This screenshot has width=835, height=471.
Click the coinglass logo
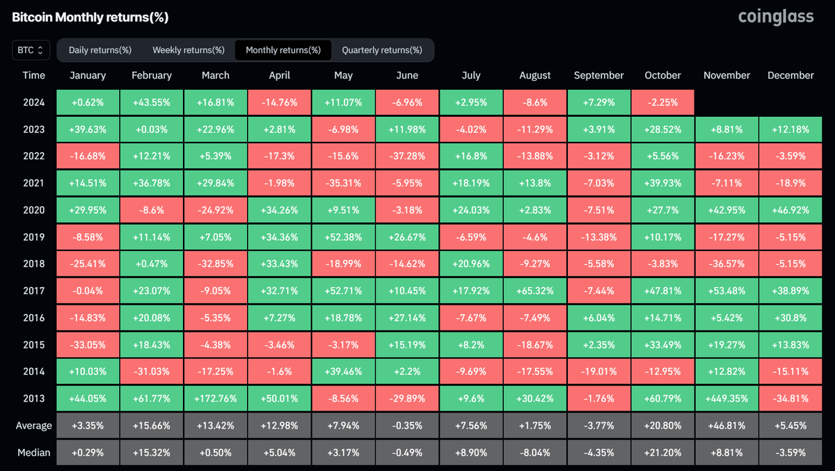pos(775,17)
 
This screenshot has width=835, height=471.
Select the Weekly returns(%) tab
pos(189,50)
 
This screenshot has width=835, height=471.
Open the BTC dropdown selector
pos(31,50)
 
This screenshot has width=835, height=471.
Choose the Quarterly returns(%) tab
pos(382,50)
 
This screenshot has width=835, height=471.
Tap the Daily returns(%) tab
pos(100,50)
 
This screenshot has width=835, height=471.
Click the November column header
pos(726,75)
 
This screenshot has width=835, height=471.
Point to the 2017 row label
pos(33,291)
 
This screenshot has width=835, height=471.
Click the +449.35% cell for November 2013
pos(726,399)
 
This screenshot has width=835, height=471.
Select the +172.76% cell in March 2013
pos(216,399)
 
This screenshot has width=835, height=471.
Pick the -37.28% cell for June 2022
pos(407,156)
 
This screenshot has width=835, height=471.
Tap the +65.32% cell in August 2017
pos(534,291)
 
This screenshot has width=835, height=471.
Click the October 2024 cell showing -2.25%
pos(662,102)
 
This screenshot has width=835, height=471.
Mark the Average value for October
pos(662,426)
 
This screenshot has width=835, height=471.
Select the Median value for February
pos(152,452)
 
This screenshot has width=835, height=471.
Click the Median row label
pos(33,452)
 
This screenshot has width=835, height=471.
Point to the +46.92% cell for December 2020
pos(790,210)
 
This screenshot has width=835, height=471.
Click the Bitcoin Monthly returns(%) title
pos(90,17)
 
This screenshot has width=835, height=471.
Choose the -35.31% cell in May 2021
pos(343,183)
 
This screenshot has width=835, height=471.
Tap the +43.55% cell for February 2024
pos(152,102)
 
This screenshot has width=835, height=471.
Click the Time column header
pos(33,75)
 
